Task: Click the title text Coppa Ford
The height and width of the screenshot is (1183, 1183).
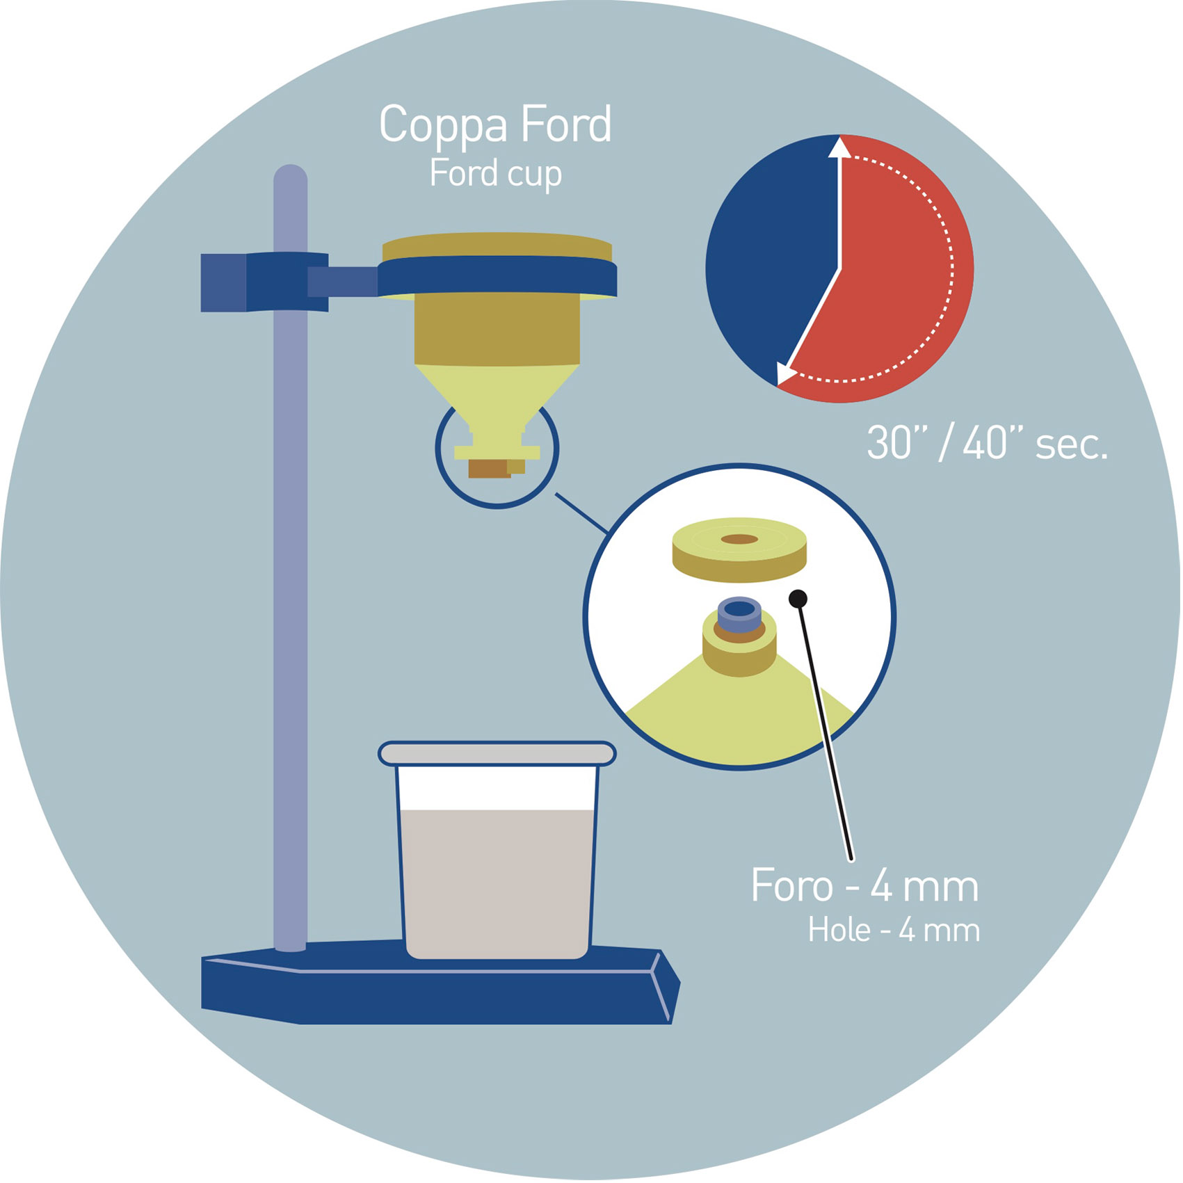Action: (495, 125)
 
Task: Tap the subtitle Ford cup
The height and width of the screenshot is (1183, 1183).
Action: (495, 173)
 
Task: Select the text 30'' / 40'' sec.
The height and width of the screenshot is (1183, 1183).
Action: (987, 442)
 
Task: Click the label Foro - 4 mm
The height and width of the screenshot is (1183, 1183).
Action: (864, 886)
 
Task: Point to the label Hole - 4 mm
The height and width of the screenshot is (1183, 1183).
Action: (894, 931)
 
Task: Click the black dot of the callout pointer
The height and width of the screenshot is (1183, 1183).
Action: (798, 598)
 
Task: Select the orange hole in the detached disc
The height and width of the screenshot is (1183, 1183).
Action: (739, 539)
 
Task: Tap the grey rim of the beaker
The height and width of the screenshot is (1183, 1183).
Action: (497, 754)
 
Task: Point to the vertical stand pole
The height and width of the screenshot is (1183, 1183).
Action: (290, 556)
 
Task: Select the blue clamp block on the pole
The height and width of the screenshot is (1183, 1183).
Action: (264, 282)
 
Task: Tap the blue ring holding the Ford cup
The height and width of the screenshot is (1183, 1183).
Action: (497, 277)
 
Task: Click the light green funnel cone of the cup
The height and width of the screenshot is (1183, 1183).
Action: (497, 396)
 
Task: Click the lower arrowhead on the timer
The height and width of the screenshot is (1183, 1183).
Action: (786, 374)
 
